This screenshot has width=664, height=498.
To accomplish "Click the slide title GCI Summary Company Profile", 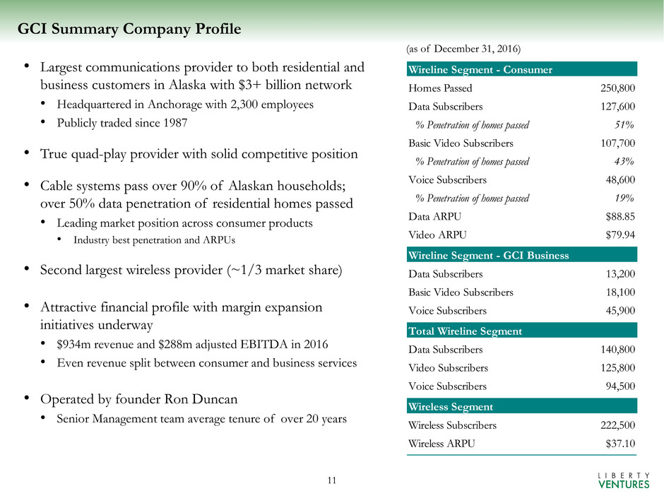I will pos(129,29).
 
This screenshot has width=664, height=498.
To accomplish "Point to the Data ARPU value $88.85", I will pos(618,216).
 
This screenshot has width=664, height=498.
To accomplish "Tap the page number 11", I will pos(332,481).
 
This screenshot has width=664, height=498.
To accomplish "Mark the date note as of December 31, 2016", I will pos(463,49).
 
